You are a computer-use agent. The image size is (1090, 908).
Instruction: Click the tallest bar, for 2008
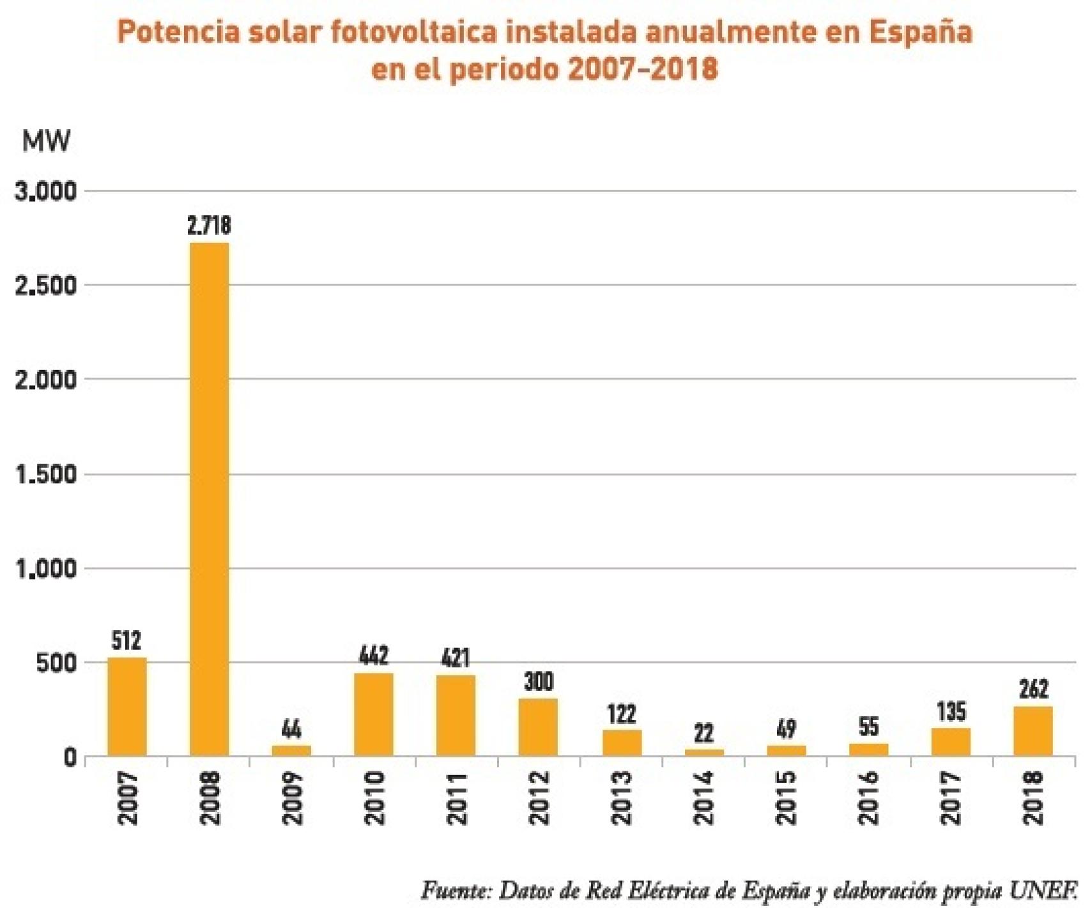[209, 498]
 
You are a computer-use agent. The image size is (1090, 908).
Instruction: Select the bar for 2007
[127, 707]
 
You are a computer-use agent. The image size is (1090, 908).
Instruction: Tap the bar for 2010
[374, 714]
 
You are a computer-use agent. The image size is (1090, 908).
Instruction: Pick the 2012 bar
[538, 727]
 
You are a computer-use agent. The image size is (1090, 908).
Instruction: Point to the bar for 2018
[1032, 731]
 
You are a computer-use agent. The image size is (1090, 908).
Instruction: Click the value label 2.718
[209, 226]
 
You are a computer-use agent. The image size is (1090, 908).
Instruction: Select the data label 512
[126, 640]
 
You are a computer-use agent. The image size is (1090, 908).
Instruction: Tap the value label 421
[455, 658]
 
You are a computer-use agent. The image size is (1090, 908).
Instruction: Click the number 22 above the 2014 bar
[703, 733]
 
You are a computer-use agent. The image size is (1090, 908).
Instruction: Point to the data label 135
[951, 712]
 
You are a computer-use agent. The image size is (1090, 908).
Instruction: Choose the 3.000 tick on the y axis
[46, 191]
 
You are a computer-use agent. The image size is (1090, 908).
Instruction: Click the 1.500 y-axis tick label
[46, 475]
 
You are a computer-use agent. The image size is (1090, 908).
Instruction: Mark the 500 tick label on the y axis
[56, 663]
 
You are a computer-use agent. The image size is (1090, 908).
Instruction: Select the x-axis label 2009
[292, 798]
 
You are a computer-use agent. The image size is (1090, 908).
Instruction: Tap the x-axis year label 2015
[786, 798]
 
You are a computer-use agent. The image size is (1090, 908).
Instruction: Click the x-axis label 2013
[621, 798]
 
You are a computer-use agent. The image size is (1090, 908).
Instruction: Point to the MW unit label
[46, 141]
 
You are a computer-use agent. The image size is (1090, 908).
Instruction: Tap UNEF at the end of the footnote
[1045, 890]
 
